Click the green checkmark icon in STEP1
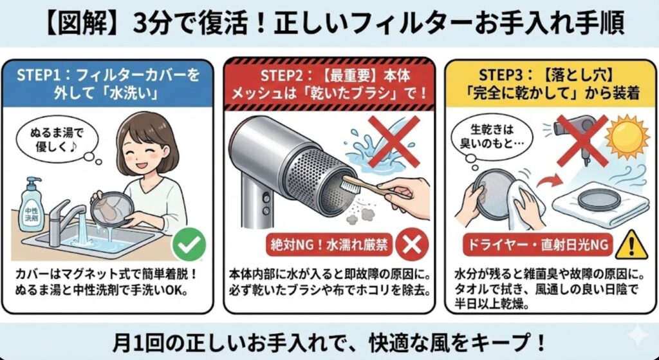tap(189, 244)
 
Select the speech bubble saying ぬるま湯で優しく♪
tap(57, 140)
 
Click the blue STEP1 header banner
tap(107, 83)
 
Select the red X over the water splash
tap(394, 141)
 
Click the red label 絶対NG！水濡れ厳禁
tap(329, 245)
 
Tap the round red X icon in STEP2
tap(413, 245)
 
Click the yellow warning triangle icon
tap(631, 245)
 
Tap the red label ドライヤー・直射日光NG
tap(537, 245)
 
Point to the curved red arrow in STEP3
tap(551, 182)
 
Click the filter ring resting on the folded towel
tap(599, 200)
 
